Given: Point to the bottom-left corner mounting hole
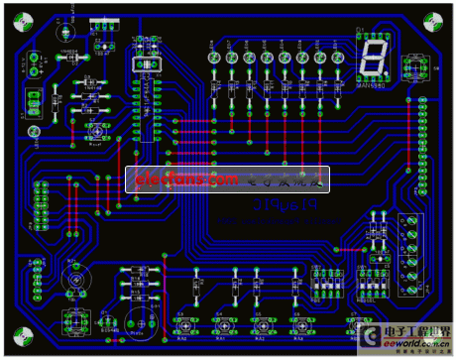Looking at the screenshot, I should [22, 339].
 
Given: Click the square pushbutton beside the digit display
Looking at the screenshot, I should [415, 67].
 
